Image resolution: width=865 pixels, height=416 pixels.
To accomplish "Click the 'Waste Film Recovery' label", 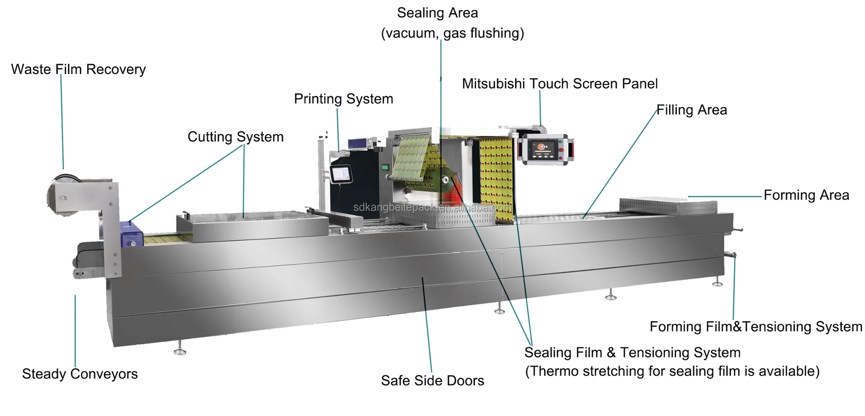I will (78, 70).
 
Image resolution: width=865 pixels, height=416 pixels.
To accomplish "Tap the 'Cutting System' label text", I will (235, 137).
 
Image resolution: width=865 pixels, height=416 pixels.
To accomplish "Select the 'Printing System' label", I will (343, 99).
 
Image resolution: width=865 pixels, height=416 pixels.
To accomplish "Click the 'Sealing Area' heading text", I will (437, 13).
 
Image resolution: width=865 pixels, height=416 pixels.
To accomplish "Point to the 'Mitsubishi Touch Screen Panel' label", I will (560, 84).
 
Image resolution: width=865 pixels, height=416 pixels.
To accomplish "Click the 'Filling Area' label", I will (692, 110).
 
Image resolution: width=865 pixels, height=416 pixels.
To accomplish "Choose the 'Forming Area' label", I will (806, 195).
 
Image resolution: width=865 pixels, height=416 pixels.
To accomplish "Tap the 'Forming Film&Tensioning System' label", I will (756, 326).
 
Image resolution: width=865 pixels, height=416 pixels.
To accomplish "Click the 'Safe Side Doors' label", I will (432, 381).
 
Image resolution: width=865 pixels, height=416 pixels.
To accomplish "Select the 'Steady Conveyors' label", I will (80, 374).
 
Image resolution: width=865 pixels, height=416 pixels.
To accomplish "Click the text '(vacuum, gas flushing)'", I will (452, 33).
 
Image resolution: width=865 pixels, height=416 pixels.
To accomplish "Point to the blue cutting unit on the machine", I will (131, 235).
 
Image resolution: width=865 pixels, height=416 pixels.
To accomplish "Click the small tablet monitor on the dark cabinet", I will (341, 174).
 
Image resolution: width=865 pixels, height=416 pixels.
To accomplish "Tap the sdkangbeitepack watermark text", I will (432, 208).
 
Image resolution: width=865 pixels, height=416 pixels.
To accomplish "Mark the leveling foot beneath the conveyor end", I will (180, 350).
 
